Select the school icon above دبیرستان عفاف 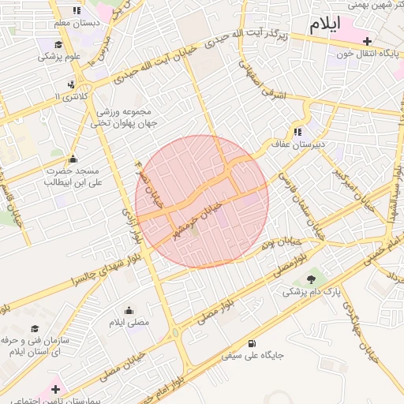pyautogui.click(x=297, y=132)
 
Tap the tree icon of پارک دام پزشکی pyautogui.click(x=311, y=279)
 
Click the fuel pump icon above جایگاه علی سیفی pyautogui.click(x=252, y=342)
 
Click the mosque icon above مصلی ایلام pyautogui.click(x=129, y=310)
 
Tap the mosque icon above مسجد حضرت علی pyautogui.click(x=73, y=159)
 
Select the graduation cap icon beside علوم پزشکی pyautogui.click(x=59, y=44)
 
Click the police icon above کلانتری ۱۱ pyautogui.click(x=73, y=84)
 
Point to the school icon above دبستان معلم pyautogui.click(x=77, y=11)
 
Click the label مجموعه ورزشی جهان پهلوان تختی pyautogui.click(x=123, y=118)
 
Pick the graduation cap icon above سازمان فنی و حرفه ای pyautogui.click(x=34, y=328)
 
